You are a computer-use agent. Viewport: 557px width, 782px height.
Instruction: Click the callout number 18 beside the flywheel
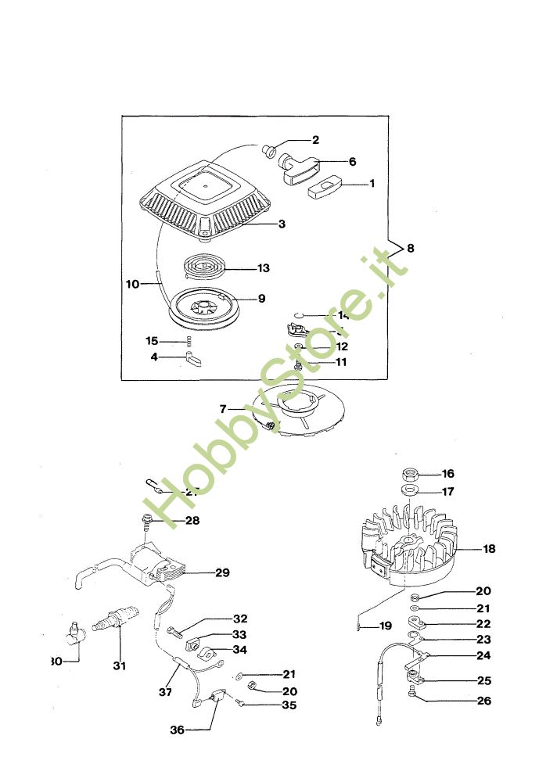point(489,549)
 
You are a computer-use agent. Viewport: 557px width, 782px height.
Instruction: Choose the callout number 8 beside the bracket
point(411,248)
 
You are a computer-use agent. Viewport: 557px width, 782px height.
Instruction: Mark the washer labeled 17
point(408,492)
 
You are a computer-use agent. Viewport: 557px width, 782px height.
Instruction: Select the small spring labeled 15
point(189,340)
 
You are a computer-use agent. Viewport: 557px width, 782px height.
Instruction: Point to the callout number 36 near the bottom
point(178,730)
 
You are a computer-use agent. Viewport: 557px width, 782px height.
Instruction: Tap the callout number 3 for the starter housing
point(281,224)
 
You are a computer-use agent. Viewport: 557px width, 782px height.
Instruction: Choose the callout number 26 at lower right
point(484,701)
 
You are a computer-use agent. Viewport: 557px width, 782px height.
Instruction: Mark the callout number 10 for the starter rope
point(131,285)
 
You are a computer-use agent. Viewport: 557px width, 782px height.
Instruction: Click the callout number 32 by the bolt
point(239,619)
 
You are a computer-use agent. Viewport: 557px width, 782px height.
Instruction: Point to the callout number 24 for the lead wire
point(484,655)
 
